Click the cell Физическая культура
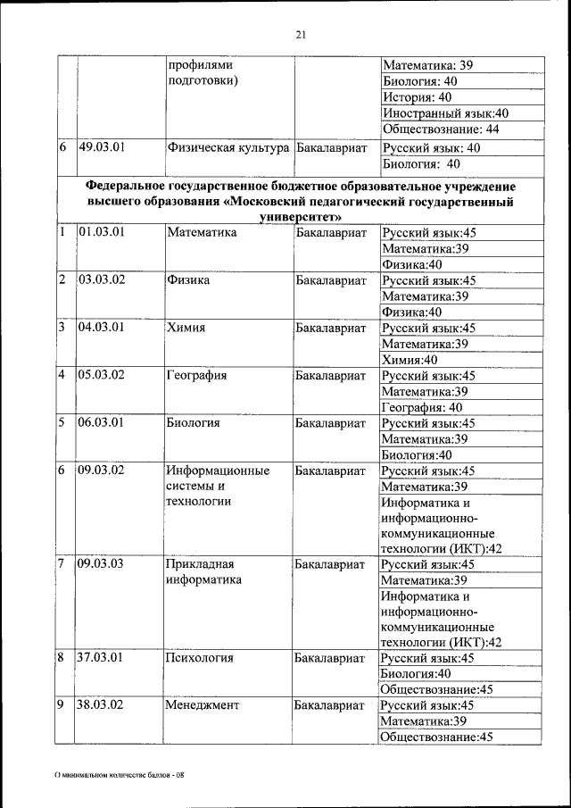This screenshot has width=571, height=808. tap(228, 147)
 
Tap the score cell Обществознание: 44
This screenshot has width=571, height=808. tap(440, 129)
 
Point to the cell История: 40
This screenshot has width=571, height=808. tap(418, 97)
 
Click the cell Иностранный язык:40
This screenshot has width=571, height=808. tap(445, 113)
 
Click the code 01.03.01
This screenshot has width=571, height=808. tap(100, 232)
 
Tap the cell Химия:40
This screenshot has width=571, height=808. tap(409, 360)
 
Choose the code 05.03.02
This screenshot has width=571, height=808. tap(101, 376)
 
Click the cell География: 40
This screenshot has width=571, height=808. tap(421, 407)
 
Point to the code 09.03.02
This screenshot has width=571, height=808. tap(101, 471)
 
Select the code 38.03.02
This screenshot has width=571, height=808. tap(101, 704)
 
